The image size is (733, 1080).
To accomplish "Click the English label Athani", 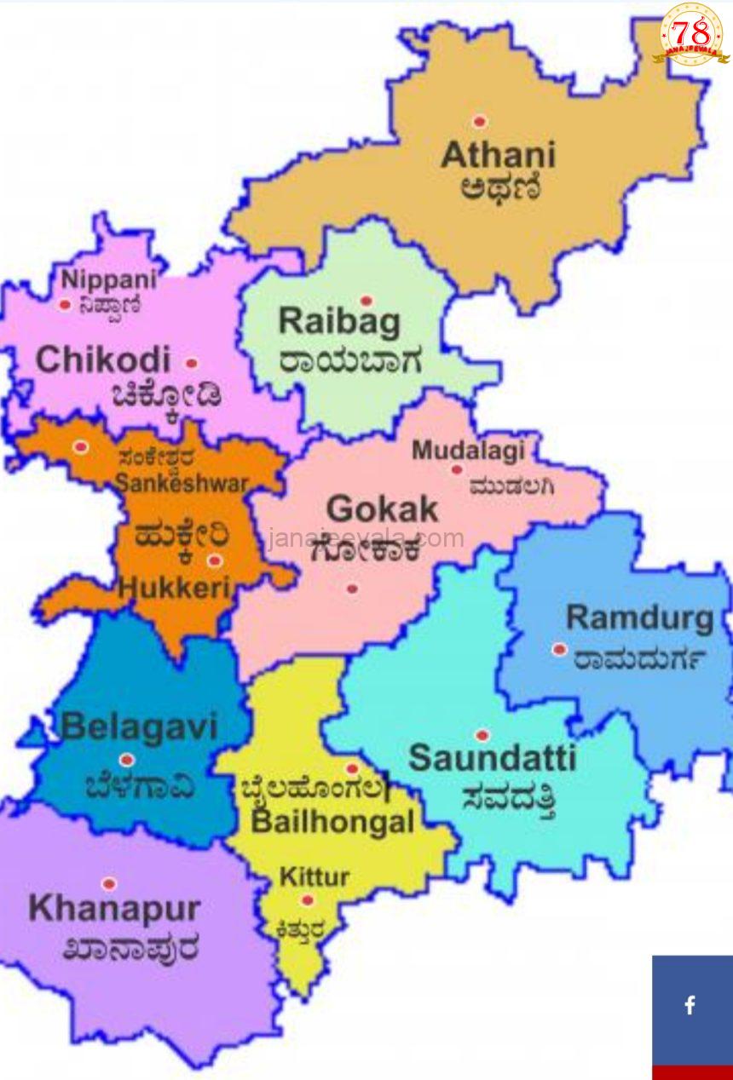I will pyautogui.click(x=499, y=155).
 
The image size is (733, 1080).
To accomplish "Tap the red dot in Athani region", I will pyautogui.click(x=480, y=122).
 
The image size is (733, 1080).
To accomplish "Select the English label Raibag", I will pyautogui.click(x=339, y=322).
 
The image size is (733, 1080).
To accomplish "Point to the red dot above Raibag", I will pyautogui.click(x=366, y=301).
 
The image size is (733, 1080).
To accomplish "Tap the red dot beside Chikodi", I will pyautogui.click(x=192, y=363).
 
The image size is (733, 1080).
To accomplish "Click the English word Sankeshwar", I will pyautogui.click(x=182, y=483).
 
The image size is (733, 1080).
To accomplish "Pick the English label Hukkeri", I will pyautogui.click(x=176, y=587).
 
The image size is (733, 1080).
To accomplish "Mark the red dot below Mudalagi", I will pyautogui.click(x=457, y=469).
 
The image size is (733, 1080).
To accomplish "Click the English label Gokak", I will pyautogui.click(x=382, y=509).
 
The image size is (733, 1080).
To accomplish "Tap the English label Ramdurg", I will pyautogui.click(x=640, y=618).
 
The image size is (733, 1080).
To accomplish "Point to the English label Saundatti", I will pyautogui.click(x=493, y=757).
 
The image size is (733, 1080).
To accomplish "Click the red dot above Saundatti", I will pyautogui.click(x=482, y=735).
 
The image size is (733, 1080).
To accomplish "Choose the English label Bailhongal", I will pyautogui.click(x=332, y=823).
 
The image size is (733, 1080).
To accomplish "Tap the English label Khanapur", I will pyautogui.click(x=114, y=909).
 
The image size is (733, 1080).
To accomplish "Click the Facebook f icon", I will pyautogui.click(x=690, y=1005).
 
